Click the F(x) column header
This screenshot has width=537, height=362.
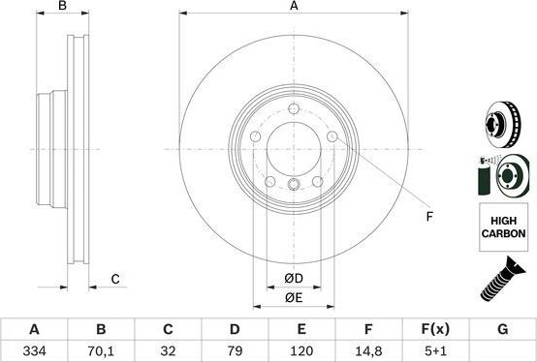[435, 330]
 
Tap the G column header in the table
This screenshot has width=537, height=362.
[502, 330]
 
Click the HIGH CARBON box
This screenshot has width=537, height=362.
[502, 228]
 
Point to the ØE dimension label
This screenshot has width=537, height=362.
[295, 298]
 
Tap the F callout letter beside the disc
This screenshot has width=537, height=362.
[429, 216]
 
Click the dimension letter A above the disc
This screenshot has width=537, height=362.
[294, 8]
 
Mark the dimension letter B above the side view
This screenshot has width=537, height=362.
[62, 8]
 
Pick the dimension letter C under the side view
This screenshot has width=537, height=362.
[114, 280]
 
